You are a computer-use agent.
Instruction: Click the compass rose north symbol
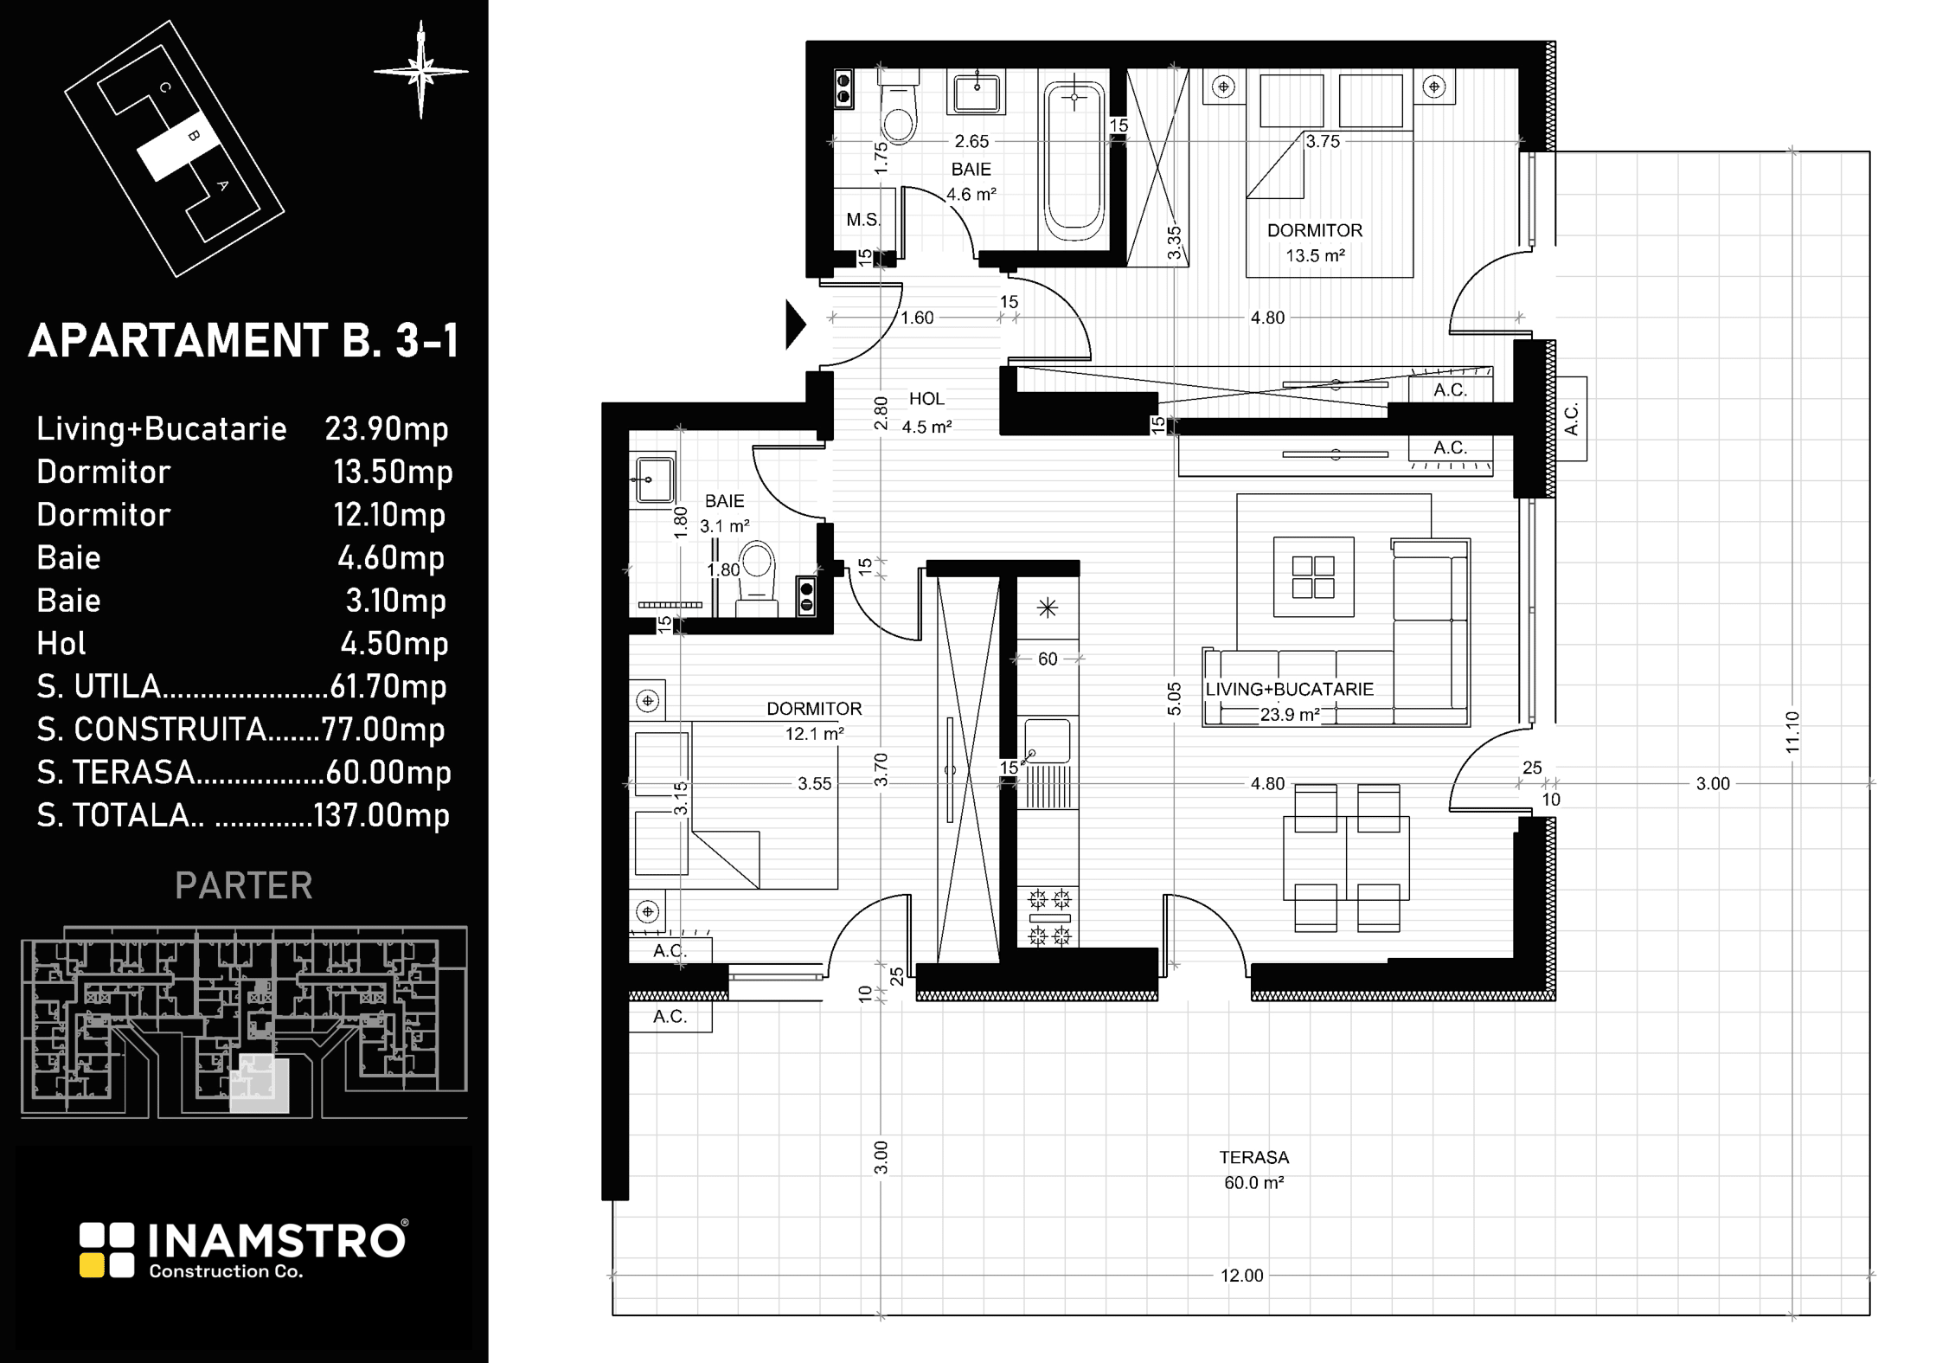[x=421, y=70]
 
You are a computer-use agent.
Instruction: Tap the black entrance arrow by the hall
[x=796, y=325]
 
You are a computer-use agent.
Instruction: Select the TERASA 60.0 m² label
[x=1253, y=1170]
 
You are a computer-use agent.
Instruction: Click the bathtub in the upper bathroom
[x=1074, y=162]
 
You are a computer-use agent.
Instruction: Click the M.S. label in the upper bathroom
[x=863, y=220]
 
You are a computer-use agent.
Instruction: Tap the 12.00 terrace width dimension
[x=1241, y=1276]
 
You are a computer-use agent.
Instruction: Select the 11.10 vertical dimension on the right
[x=1792, y=732]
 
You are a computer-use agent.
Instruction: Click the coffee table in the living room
[x=1314, y=577]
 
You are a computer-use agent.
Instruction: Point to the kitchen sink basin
[x=1046, y=740]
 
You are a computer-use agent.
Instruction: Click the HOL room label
[x=926, y=399]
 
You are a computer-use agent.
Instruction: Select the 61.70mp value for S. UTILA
[x=388, y=686]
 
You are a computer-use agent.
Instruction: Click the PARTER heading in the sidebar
[x=244, y=885]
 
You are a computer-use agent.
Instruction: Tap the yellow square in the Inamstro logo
[x=92, y=1265]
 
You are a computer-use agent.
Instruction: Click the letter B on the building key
[x=193, y=136]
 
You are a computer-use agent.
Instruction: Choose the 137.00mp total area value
[x=381, y=815]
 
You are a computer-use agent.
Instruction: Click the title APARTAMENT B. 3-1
[x=243, y=341]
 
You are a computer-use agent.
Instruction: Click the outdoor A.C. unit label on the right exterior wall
[x=1572, y=419]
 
